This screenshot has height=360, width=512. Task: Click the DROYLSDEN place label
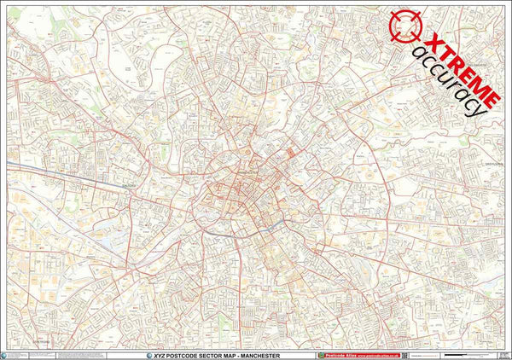point(493,161)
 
